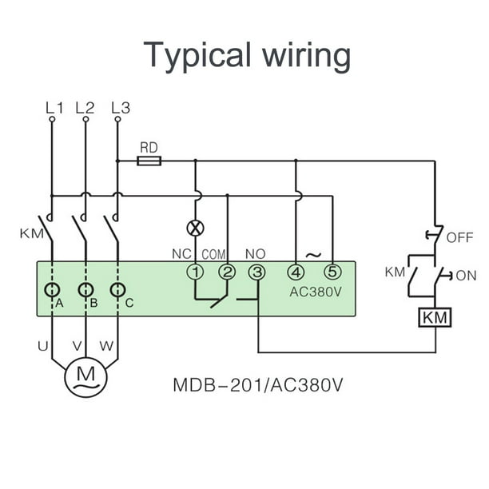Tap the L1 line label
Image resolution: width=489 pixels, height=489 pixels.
(x=53, y=107)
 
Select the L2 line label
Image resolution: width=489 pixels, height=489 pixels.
(x=85, y=107)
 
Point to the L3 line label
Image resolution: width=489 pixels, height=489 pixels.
(x=119, y=107)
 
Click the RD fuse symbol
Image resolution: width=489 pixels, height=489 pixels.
(x=149, y=161)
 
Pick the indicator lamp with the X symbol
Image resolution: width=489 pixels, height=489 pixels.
(x=195, y=228)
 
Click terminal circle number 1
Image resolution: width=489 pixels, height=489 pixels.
(x=195, y=272)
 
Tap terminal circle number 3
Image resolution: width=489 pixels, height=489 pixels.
(x=256, y=272)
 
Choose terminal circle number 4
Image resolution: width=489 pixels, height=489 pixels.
(x=296, y=272)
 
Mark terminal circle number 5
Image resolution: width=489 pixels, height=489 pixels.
(x=332, y=272)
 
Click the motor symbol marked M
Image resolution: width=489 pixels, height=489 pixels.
(x=85, y=374)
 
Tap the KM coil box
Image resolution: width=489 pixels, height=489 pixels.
(x=435, y=317)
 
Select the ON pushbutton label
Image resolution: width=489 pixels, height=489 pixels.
(x=465, y=276)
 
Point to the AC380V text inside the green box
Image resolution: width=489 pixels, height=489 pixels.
(x=315, y=292)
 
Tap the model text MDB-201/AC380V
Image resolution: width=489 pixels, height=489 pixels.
(x=258, y=385)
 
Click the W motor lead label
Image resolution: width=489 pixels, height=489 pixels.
(x=106, y=346)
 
